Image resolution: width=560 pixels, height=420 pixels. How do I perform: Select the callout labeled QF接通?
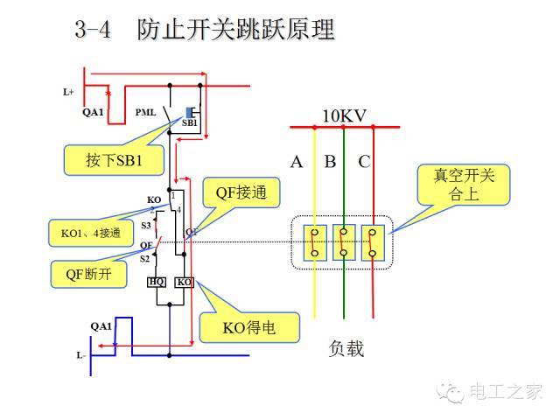pos(235,193)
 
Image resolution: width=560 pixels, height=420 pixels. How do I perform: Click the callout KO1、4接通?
pos(80,234)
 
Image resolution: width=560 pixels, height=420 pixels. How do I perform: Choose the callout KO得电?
pos(249,328)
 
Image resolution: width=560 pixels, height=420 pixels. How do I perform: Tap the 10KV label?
pos(344,116)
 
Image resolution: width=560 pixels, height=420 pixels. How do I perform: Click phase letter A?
pos(297,161)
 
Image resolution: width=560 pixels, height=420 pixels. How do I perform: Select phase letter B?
pos(330,161)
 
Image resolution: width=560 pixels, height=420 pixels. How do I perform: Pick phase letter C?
pos(364,161)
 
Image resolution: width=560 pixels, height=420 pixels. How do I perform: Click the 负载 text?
pos(346,349)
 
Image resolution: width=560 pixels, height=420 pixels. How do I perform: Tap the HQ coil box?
pos(156,282)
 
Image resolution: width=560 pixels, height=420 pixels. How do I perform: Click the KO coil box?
pos(184,282)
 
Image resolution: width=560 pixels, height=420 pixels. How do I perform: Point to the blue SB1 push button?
pos(189,112)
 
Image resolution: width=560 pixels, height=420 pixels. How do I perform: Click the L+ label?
pos(69,91)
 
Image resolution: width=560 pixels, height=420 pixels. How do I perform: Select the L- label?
pos(80,355)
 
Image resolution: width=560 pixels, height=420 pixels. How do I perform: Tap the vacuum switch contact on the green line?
pos(345,242)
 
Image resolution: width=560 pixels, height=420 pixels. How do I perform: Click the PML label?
pos(146,113)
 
